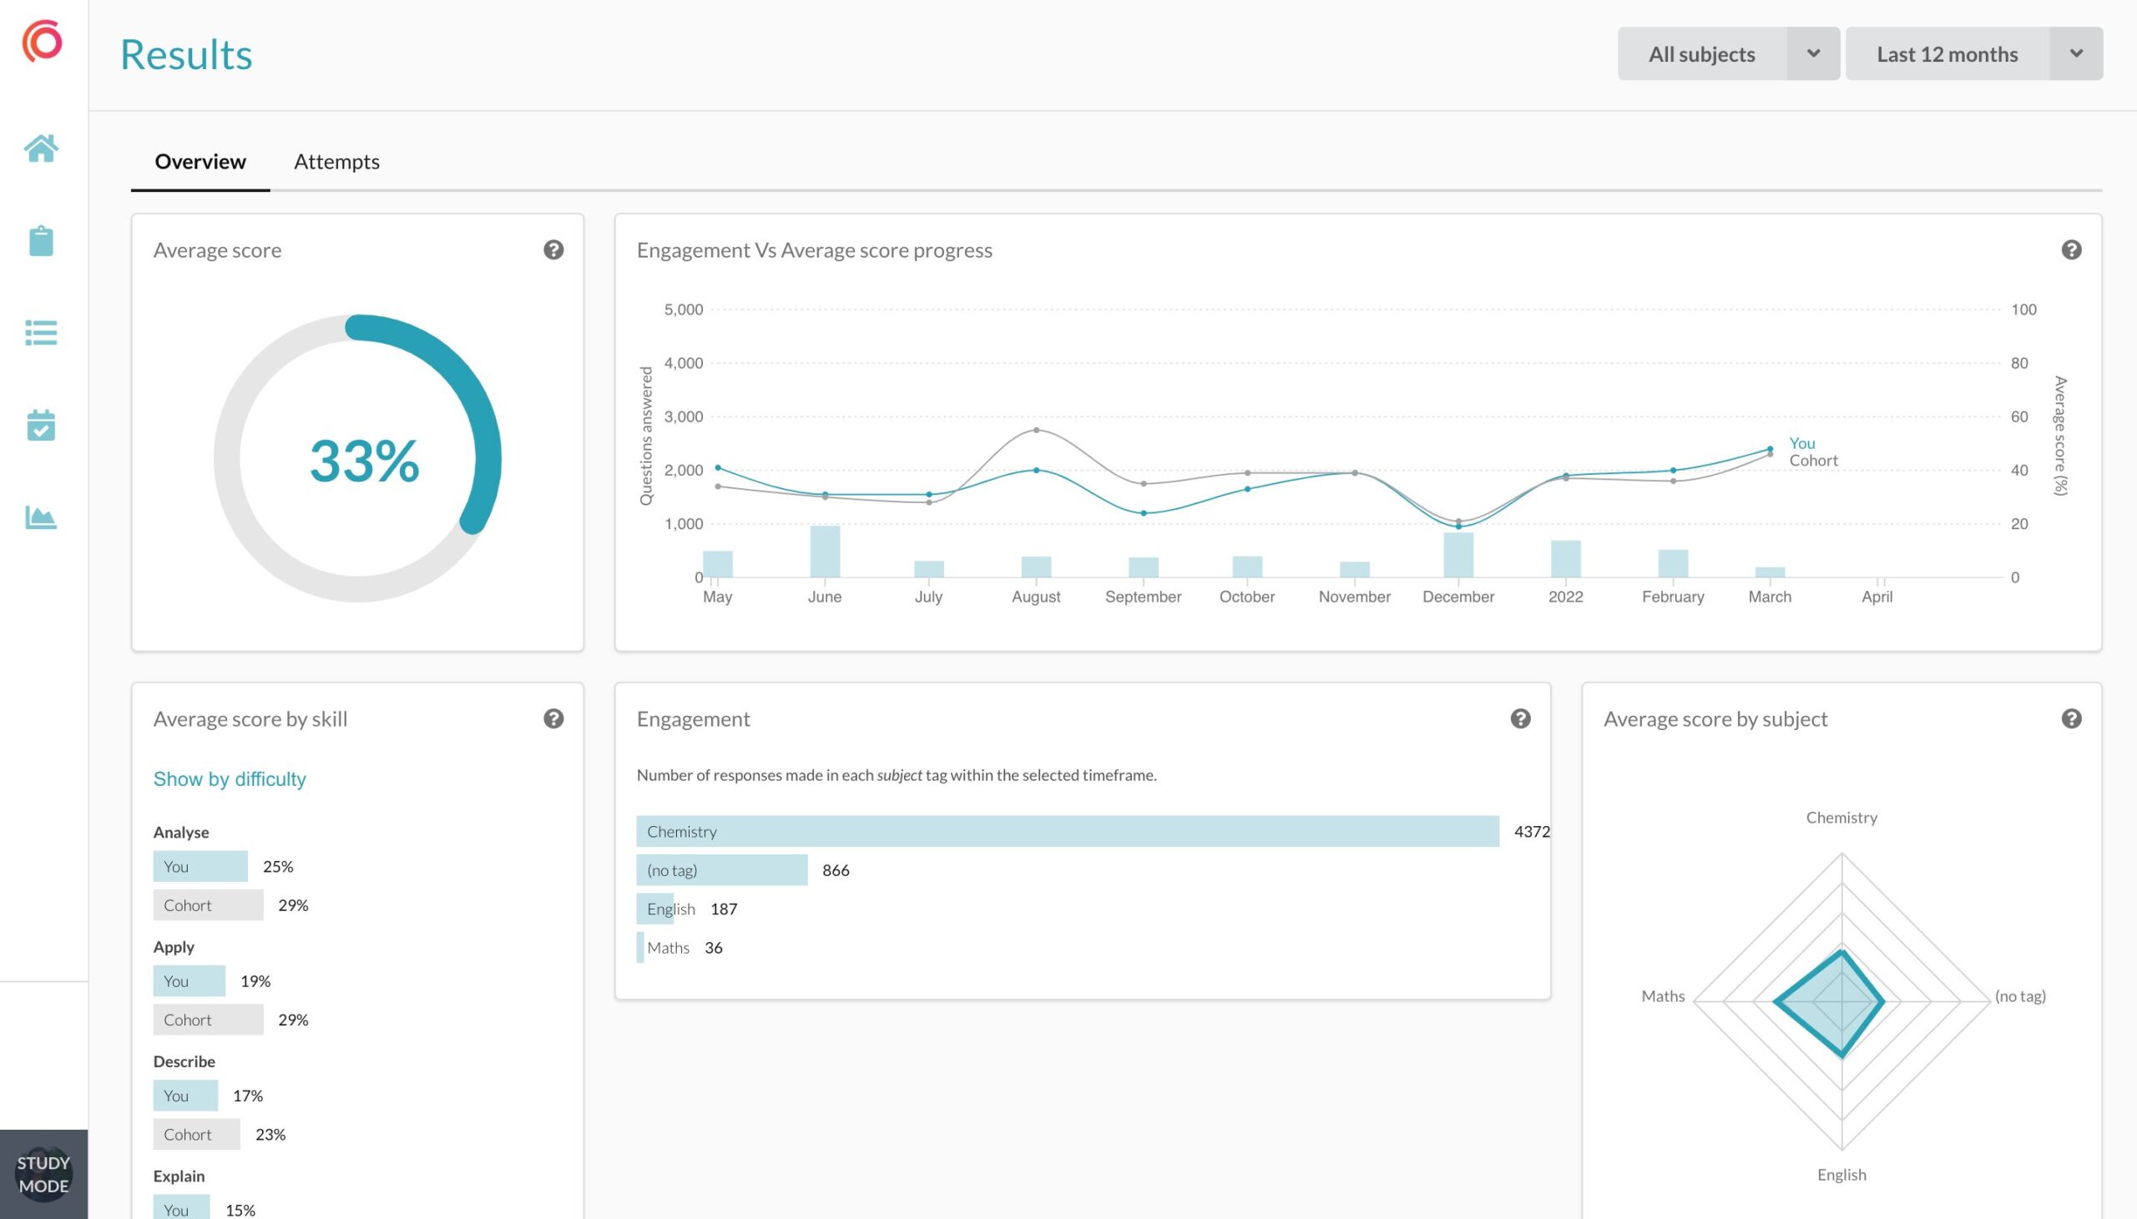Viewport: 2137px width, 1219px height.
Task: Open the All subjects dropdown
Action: coord(1728,53)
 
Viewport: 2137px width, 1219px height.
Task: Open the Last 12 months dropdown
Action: coord(1973,53)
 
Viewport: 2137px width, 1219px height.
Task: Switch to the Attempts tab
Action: coord(336,162)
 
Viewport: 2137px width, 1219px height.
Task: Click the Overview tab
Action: coord(200,162)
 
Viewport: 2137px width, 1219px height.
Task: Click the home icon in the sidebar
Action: coord(41,149)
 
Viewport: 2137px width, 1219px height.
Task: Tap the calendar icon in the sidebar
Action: coord(41,426)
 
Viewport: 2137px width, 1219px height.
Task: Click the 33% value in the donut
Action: coord(364,461)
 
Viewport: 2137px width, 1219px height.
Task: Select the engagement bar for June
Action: coord(825,552)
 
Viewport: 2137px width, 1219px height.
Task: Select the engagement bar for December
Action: coord(1458,555)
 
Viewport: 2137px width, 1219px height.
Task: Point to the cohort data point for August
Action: coord(1037,431)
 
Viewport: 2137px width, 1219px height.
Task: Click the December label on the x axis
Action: coord(1458,597)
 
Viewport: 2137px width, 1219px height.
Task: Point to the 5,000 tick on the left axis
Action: coord(684,310)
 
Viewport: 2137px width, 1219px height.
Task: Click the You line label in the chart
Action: coord(1802,443)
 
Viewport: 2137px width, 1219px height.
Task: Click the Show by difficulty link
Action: coord(230,779)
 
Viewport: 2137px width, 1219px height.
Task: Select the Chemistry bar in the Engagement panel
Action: coord(1068,831)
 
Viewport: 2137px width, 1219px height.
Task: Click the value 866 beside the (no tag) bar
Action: coord(836,871)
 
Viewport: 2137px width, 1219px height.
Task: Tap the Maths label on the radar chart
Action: coord(1663,996)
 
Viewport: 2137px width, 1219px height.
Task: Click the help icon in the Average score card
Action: coord(553,249)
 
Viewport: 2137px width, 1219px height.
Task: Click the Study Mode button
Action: coord(43,1174)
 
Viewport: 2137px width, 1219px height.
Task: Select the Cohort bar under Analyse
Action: coord(208,905)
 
